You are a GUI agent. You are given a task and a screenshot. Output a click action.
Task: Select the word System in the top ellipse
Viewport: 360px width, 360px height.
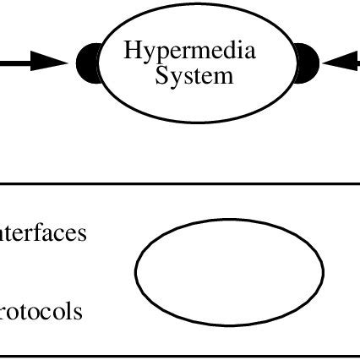click(194, 76)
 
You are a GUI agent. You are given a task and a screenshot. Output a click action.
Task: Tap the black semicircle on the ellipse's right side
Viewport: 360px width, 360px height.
click(307, 62)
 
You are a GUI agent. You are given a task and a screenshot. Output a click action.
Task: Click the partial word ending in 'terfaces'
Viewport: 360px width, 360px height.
click(42, 233)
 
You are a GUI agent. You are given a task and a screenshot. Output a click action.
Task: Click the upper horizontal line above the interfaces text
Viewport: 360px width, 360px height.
click(180, 183)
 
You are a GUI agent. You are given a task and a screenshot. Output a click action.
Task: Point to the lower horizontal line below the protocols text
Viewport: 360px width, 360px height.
click(180, 355)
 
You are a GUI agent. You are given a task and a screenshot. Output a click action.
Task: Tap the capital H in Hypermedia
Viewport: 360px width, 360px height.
click(132, 51)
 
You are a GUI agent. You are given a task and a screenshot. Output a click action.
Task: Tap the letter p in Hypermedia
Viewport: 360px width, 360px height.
click(159, 54)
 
